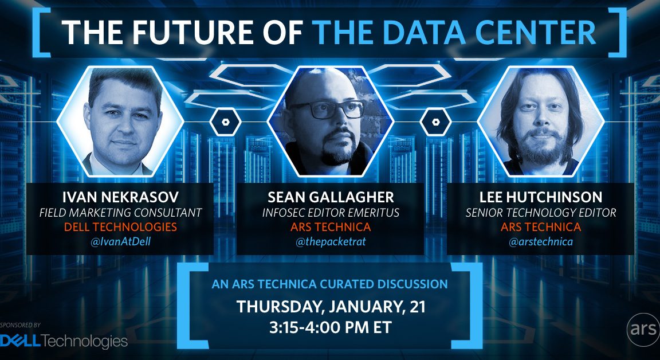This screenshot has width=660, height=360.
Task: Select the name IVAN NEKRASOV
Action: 120,197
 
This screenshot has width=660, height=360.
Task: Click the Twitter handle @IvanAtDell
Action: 120,242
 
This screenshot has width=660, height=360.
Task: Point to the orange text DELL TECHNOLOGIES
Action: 120,227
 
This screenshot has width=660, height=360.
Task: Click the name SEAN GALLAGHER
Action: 331,197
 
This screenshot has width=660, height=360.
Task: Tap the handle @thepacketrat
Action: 331,242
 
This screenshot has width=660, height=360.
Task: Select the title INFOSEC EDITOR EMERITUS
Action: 331,213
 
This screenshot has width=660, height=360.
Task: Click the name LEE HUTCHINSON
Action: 541,197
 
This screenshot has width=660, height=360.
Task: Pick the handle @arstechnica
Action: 541,242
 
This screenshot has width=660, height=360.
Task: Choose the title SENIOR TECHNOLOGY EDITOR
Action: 541,213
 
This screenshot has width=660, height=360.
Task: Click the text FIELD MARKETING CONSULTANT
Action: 120,213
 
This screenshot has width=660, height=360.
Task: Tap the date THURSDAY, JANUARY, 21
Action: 331,307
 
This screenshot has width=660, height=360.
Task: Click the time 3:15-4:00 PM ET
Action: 331,327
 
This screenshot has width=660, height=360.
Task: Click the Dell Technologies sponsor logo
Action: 64,341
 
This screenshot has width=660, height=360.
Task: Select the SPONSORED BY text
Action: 20,324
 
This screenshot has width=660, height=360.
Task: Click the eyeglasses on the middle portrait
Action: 326,109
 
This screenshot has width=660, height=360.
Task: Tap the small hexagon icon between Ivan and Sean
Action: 225,122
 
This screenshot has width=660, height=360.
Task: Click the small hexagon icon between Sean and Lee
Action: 435,122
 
